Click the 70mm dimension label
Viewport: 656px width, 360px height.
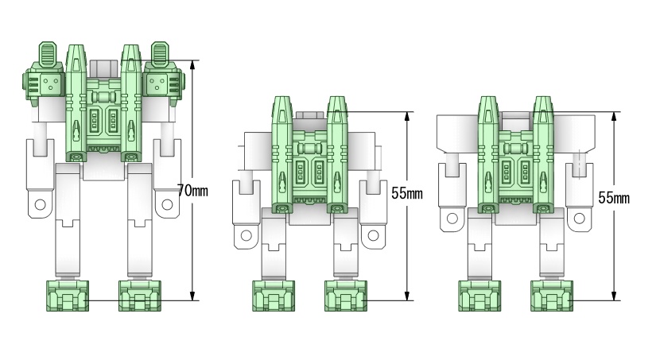point(193,191)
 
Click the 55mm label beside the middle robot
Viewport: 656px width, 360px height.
point(407,194)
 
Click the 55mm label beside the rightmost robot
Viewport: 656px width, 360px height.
point(614,198)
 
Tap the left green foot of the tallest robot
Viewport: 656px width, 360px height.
point(68,296)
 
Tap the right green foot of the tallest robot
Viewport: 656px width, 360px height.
point(140,296)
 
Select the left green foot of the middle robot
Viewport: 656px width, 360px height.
point(274,296)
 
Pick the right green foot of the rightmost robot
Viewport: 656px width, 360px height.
point(552,296)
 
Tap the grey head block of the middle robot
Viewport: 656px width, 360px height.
point(309,116)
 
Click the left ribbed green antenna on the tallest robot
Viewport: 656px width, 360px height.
point(48,54)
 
